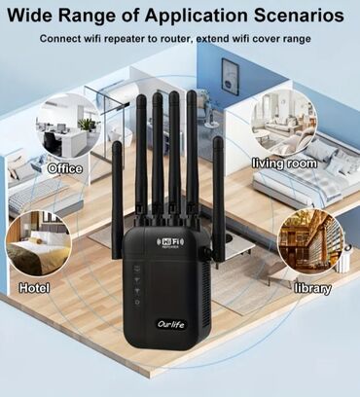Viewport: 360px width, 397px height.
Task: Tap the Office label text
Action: click(x=64, y=167)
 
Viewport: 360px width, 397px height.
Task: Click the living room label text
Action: click(x=284, y=163)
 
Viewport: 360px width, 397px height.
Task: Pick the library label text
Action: click(x=311, y=288)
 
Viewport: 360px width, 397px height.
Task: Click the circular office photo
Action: click(x=66, y=127)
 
